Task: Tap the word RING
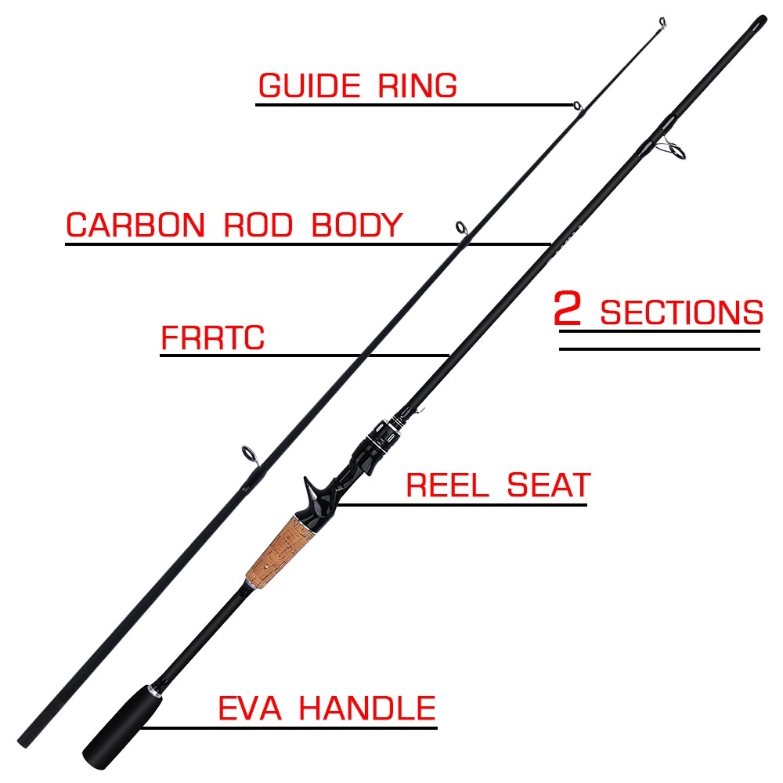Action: (x=417, y=86)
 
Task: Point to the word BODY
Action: (x=356, y=226)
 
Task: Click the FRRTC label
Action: (x=213, y=339)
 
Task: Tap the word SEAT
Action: (x=548, y=485)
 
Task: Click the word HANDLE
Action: (x=367, y=709)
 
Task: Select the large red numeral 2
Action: (x=568, y=309)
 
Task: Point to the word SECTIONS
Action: (x=681, y=313)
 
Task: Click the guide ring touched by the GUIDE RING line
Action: (x=576, y=106)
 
